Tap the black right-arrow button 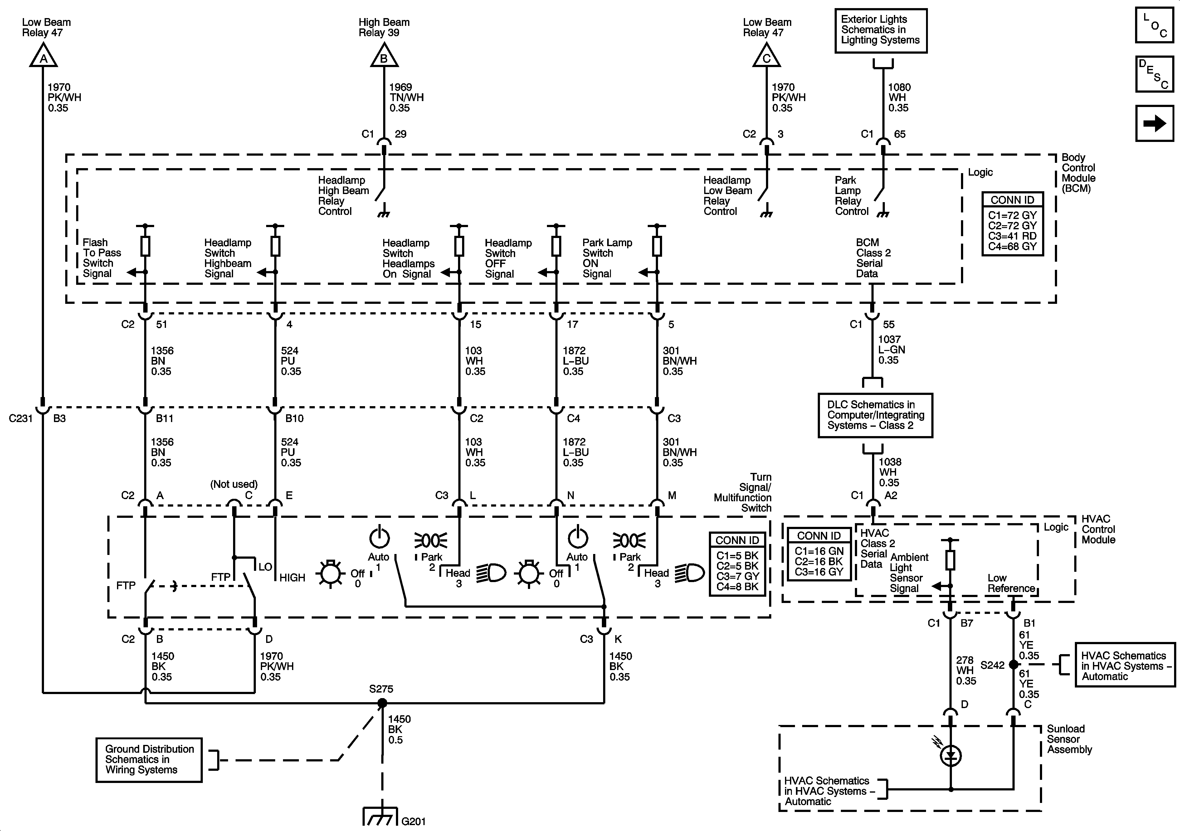[1154, 123]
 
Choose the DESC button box [1154, 74]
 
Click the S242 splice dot [1013, 664]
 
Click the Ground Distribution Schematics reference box [149, 760]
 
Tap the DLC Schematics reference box [875, 415]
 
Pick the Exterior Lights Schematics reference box [880, 30]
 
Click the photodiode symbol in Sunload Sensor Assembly [950, 756]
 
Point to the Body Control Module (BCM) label [1078, 173]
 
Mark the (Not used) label [234, 484]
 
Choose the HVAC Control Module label [1098, 529]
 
